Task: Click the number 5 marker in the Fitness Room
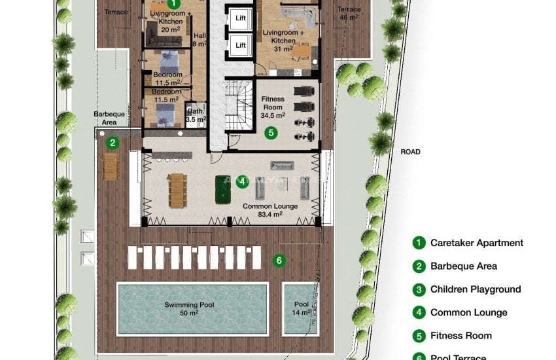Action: click(269, 133)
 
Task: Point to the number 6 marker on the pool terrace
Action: click(279, 261)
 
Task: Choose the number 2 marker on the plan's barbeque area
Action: click(113, 142)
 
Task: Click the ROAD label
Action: click(410, 152)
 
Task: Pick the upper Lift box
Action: click(240, 19)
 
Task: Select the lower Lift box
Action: click(240, 45)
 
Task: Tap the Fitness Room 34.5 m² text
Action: click(272, 107)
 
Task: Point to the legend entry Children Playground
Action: click(475, 289)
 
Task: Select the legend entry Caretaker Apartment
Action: click(476, 243)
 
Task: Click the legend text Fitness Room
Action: click(460, 336)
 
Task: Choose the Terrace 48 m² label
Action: click(348, 14)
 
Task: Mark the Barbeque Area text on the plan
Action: click(105, 118)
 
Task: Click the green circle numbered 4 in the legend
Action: click(418, 313)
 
